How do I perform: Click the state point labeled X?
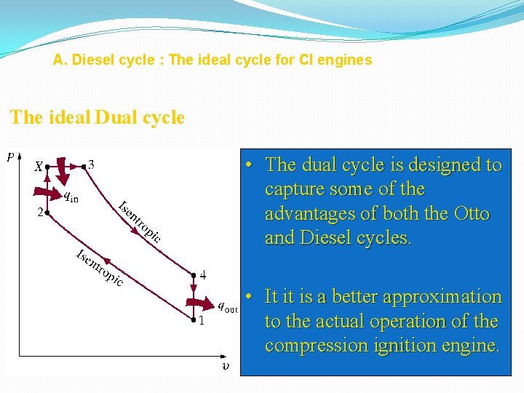39,167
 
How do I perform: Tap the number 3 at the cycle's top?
91,164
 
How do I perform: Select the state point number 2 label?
40,212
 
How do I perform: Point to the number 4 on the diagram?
203,275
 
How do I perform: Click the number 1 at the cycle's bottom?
202,322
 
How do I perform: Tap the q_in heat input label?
71,195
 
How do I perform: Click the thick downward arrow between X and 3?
63,172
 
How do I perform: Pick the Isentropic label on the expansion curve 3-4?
139,220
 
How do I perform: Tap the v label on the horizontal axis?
226,366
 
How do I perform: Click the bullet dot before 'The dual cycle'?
249,165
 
